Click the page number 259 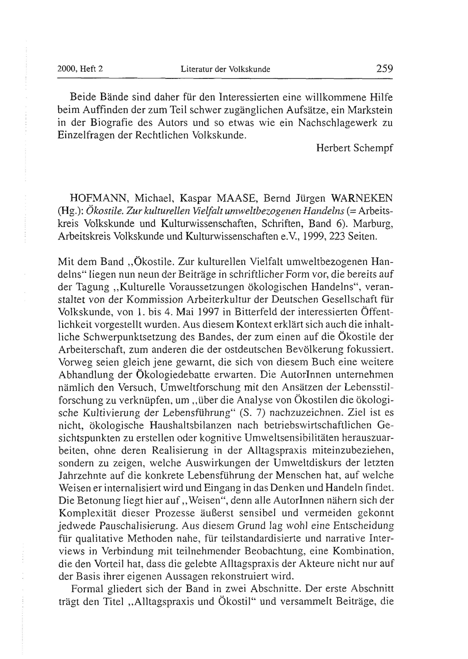(384, 69)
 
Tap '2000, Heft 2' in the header (80, 69)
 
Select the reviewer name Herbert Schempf (355, 148)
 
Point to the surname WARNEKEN (362, 198)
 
